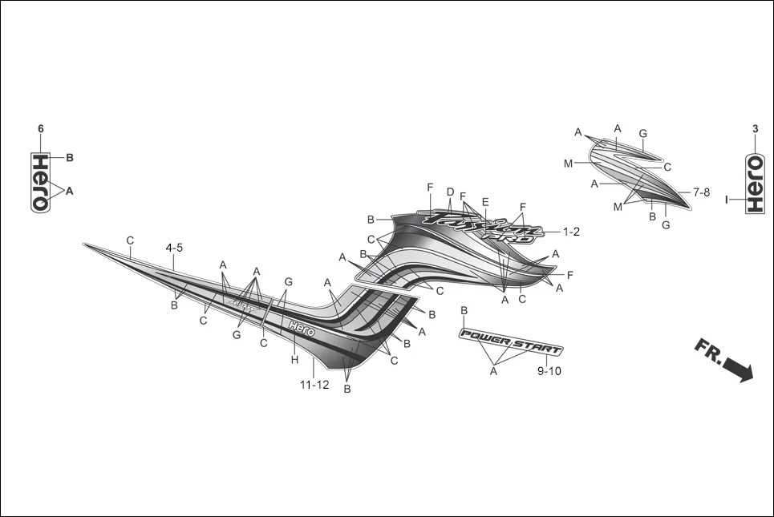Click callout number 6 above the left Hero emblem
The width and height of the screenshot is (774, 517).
coord(41,129)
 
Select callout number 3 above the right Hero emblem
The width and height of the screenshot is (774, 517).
coord(755,129)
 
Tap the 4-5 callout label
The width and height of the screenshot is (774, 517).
coord(174,248)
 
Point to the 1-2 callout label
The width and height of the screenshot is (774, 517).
coord(570,232)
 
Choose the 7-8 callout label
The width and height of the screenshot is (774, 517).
coord(701,192)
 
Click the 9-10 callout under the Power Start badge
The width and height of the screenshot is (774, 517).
coord(549,371)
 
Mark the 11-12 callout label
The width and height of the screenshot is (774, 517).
coord(314,385)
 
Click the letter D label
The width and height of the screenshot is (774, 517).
coord(450,192)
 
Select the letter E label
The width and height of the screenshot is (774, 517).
coord(485,201)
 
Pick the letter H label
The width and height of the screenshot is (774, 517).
coord(294,360)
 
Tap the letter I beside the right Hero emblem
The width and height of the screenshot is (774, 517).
coord(727,200)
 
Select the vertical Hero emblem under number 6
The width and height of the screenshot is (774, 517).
coord(41,182)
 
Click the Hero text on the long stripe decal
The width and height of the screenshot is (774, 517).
coord(302,328)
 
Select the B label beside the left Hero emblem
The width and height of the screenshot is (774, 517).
coord(70,158)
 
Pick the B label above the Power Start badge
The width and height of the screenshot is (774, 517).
coord(464,310)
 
